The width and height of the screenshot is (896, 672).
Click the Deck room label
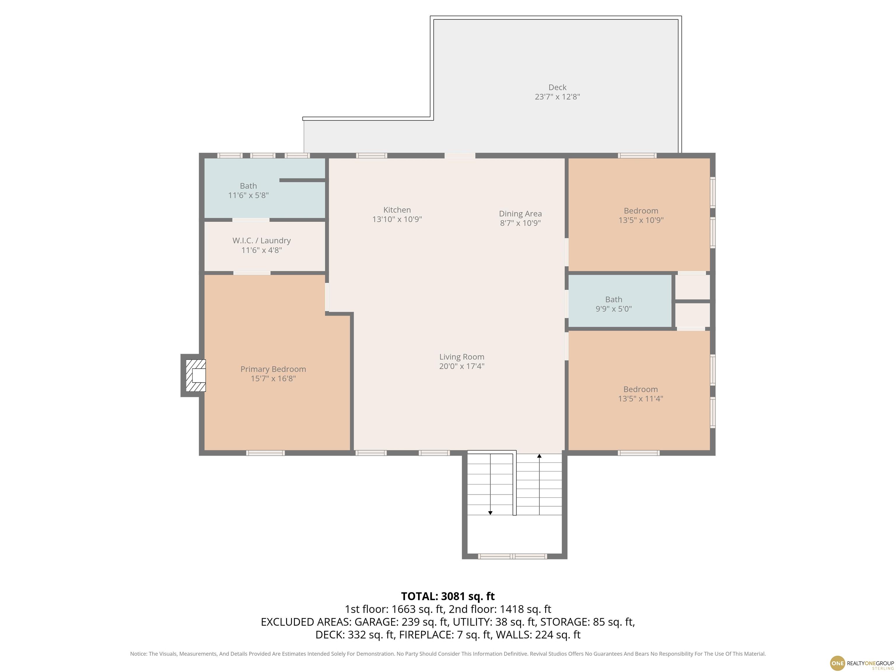click(x=557, y=87)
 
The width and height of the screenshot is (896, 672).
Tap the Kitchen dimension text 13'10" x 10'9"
click(x=397, y=219)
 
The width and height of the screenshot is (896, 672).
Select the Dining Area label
click(x=520, y=213)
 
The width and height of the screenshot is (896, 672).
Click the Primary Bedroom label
click(x=273, y=369)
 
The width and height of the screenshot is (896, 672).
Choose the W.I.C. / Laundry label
click(x=262, y=241)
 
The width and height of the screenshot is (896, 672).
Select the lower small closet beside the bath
click(x=692, y=315)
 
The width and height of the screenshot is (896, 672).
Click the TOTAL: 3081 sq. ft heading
click(x=448, y=596)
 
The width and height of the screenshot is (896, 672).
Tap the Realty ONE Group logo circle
click(x=837, y=663)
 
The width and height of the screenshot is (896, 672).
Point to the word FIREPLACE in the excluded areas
click(x=426, y=635)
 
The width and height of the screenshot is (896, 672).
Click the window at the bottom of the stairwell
click(x=512, y=556)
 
